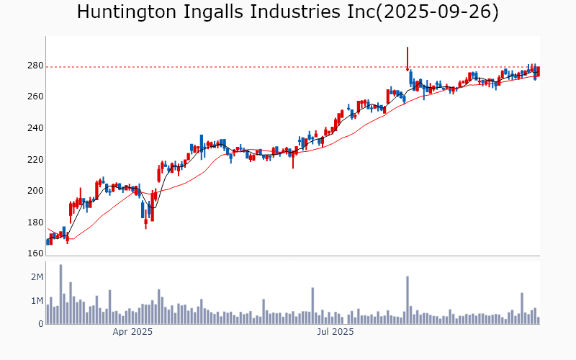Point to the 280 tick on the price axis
click(x=35, y=66)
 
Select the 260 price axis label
click(x=35, y=97)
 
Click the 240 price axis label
click(x=35, y=129)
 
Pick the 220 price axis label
click(x=35, y=160)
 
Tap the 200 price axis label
click(x=35, y=192)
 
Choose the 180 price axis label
click(x=35, y=222)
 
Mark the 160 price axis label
click(x=35, y=253)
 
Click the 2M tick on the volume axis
click(x=37, y=277)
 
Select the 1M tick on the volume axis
click(x=37, y=301)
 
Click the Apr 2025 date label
click(x=132, y=332)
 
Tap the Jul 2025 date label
click(x=336, y=332)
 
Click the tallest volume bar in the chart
click(x=60, y=294)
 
